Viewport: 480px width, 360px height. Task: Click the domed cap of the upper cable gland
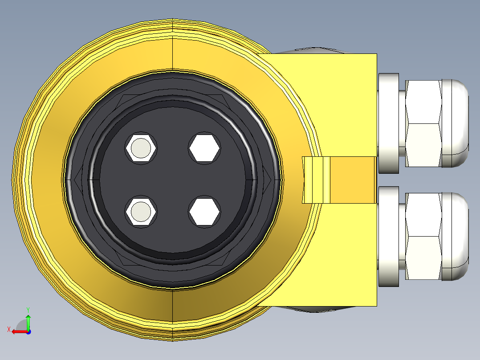coord(456,123)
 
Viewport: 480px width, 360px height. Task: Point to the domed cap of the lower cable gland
coord(456,237)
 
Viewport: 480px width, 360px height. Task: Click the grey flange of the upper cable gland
coord(388,123)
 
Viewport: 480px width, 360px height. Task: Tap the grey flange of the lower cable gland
coord(388,237)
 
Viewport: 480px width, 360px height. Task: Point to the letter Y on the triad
coord(28,309)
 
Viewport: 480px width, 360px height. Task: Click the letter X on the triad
coord(8,329)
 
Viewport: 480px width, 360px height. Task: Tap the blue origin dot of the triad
coord(28,331)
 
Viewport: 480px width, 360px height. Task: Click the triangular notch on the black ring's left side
coord(77,180)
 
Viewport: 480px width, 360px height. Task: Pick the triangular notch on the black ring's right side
coord(268,180)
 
